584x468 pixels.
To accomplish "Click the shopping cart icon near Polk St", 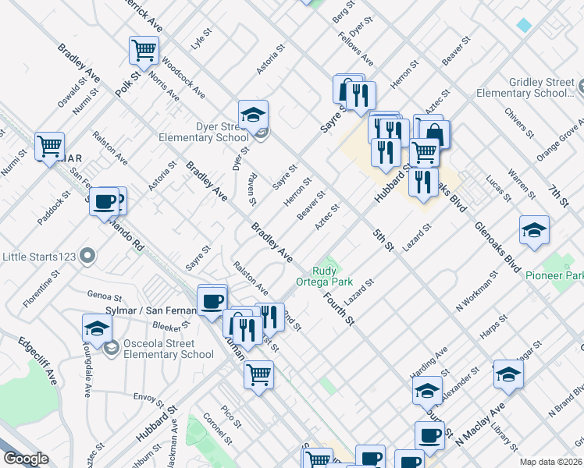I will tap(144, 51).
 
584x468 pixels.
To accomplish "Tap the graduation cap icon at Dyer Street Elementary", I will tap(253, 115).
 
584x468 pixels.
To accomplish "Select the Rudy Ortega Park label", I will tap(325, 276).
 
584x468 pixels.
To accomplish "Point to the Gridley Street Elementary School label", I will tap(542, 87).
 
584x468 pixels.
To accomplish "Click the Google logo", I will tap(26, 459).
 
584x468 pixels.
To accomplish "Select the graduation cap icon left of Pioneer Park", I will tap(534, 229).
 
